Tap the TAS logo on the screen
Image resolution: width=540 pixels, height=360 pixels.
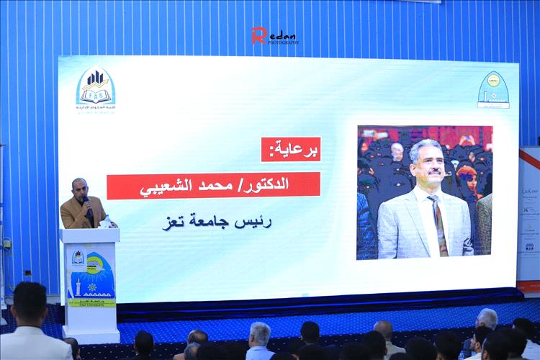[x=95, y=89]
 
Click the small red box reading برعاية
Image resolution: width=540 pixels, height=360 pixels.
[x=291, y=149]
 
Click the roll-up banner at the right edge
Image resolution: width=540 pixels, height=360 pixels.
[x=529, y=216]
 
